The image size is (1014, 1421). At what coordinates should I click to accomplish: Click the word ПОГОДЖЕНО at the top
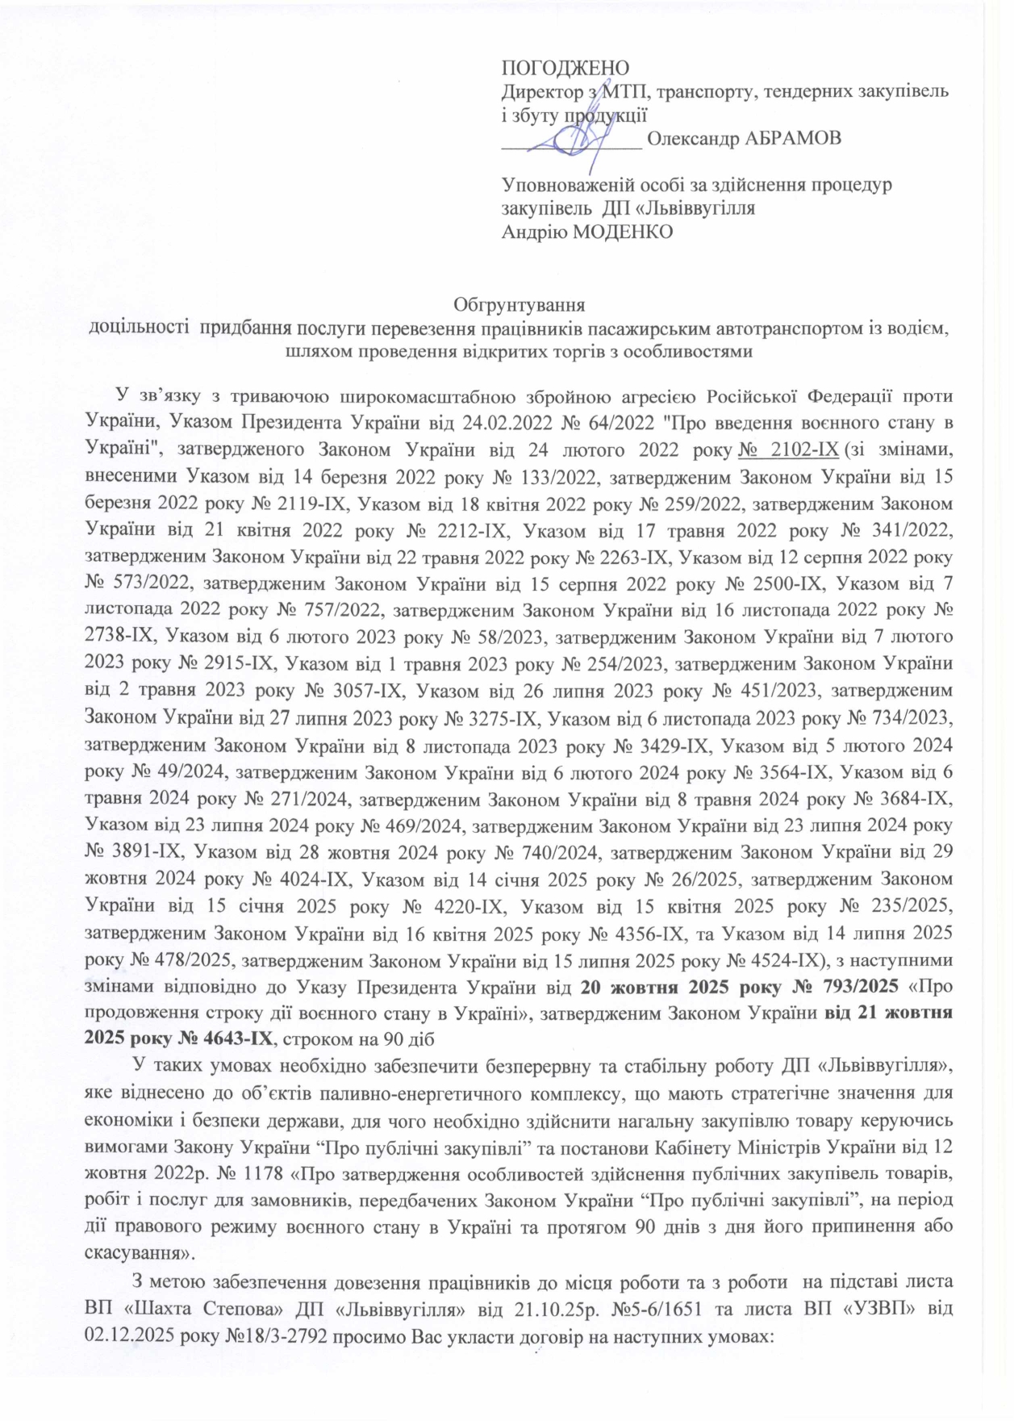[565, 67]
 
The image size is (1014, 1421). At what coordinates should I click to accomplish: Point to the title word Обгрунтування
[519, 305]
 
